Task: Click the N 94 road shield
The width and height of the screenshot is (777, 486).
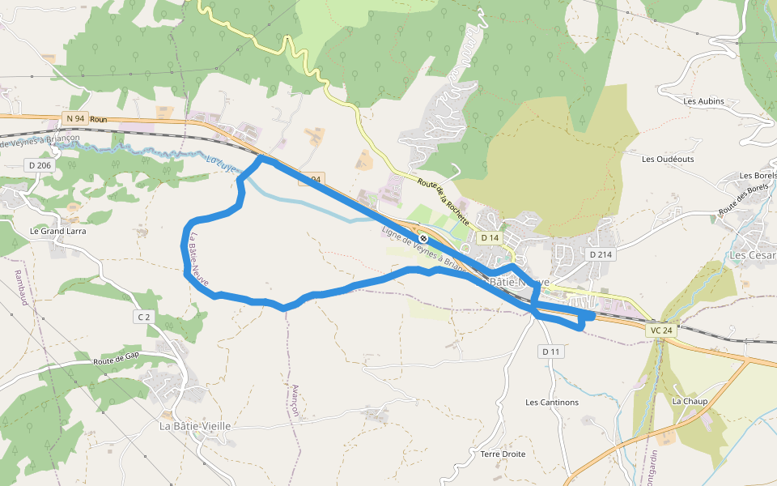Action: point(75,119)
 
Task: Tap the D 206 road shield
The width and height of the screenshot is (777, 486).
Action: point(39,165)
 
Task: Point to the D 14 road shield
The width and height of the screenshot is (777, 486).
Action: point(489,238)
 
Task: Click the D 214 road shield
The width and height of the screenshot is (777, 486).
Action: point(600,254)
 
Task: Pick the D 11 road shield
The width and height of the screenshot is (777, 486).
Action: point(550,352)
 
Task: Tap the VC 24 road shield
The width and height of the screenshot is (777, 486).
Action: point(660,330)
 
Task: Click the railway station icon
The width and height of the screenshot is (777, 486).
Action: point(423,238)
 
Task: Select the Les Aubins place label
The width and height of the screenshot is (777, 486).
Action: point(703,101)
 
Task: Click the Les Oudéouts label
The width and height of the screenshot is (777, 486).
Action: point(668,160)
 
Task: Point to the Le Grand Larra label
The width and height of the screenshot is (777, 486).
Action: point(57,231)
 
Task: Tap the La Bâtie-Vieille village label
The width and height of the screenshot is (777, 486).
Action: point(195,426)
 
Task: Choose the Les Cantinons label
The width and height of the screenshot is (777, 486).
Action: point(552,403)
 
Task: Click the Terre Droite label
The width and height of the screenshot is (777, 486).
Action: point(503,454)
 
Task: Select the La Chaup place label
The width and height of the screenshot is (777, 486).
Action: point(690,402)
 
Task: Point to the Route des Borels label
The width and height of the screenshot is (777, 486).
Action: point(743,200)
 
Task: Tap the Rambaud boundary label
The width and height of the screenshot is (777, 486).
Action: point(19,286)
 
